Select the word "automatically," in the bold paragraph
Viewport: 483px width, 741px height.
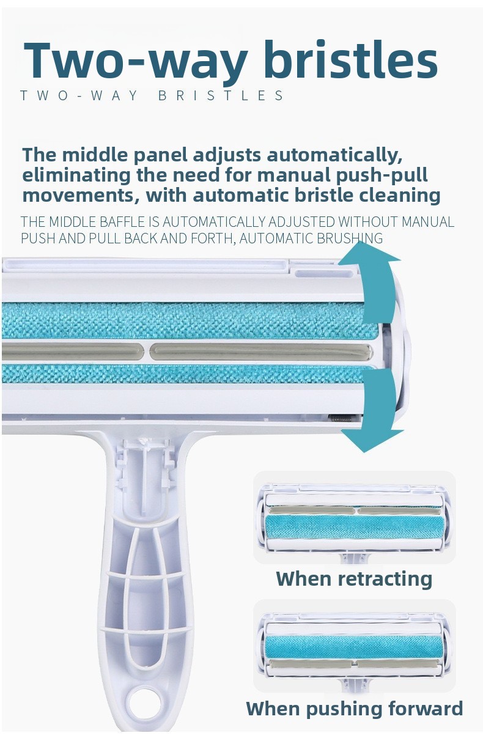pyautogui.click(x=335, y=155)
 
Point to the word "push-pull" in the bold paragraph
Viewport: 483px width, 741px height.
pyautogui.click(x=382, y=175)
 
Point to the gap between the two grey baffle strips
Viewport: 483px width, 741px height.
pyautogui.click(x=147, y=352)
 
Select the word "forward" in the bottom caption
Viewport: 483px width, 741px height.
pyautogui.click(x=426, y=709)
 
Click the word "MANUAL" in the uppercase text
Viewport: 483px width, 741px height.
pyautogui.click(x=428, y=222)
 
